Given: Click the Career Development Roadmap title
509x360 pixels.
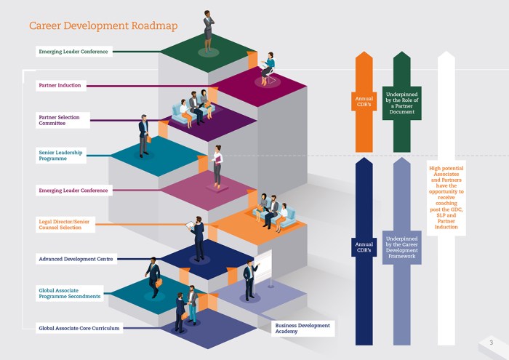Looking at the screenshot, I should [x=103, y=26].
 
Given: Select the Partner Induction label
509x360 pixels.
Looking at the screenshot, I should [x=60, y=86].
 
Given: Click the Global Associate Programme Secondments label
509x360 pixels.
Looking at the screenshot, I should [x=70, y=293].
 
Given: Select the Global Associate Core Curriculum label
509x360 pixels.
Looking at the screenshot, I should [x=79, y=328].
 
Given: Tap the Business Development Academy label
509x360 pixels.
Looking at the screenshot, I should [x=302, y=328].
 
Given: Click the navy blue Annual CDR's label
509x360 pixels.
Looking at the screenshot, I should [x=364, y=247].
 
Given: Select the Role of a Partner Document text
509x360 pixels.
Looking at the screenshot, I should [x=401, y=103].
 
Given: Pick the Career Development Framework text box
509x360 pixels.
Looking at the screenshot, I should [x=401, y=247].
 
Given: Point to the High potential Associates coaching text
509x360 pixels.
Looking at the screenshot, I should [x=446, y=196].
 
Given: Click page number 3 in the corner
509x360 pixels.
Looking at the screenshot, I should [x=491, y=343].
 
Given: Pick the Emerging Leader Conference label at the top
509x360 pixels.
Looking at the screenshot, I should [x=73, y=52].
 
